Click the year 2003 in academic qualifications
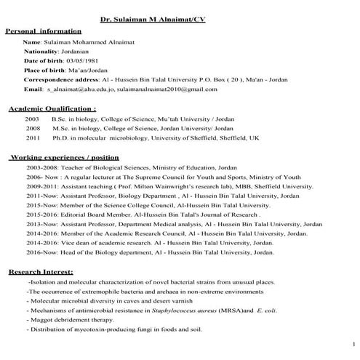[x=32, y=117]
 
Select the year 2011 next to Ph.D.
[x=32, y=137]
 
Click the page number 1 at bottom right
[x=353, y=343]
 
